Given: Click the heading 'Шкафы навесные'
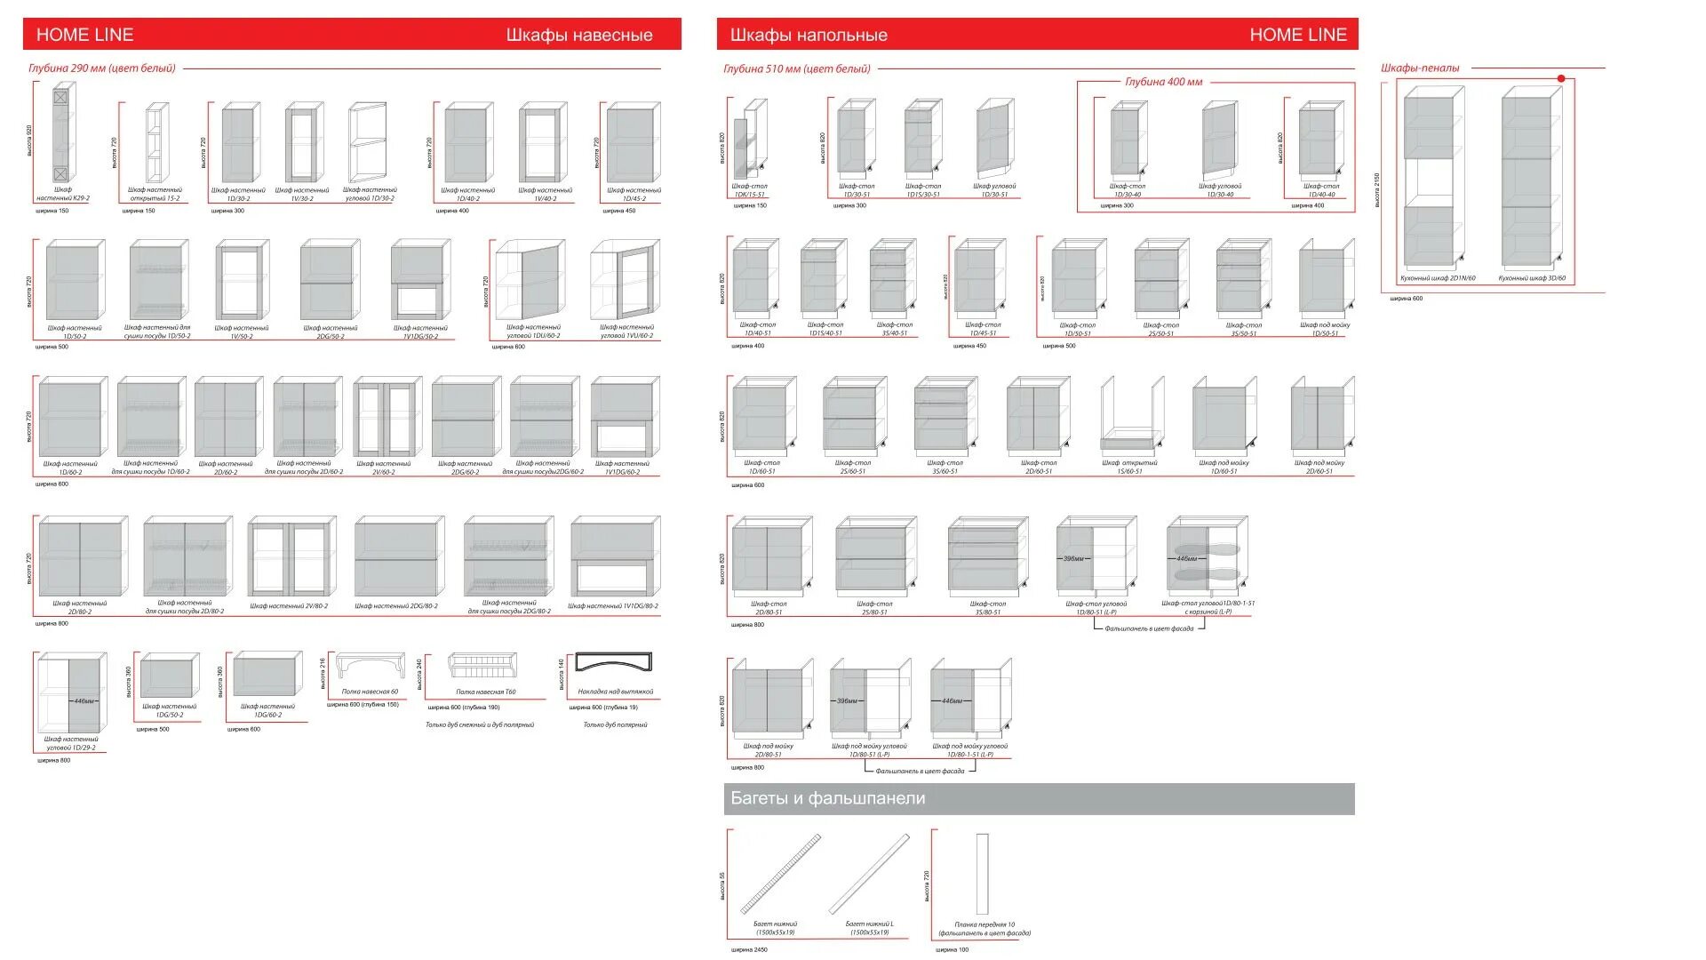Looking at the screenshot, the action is (579, 36).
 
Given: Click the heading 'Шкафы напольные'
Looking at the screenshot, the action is (809, 36).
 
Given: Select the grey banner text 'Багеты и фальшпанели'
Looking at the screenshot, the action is (827, 798).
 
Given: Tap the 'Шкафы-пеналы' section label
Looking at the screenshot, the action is (1420, 68).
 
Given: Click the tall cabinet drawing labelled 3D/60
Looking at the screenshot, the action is (1531, 178).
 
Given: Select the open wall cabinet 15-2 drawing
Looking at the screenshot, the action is (156, 142).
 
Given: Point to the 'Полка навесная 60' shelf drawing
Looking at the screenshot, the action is (370, 667).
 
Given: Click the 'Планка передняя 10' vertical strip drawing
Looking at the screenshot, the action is (982, 874).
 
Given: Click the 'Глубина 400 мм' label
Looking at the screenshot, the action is (1163, 82).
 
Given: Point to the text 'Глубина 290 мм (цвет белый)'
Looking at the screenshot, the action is (102, 68).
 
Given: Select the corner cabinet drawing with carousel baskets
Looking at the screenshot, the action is (1207, 557).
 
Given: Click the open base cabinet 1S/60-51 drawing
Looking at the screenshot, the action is (1131, 415).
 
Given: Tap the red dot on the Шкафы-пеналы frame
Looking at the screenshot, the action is (1561, 79).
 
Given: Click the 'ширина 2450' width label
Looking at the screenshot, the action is (749, 949).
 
